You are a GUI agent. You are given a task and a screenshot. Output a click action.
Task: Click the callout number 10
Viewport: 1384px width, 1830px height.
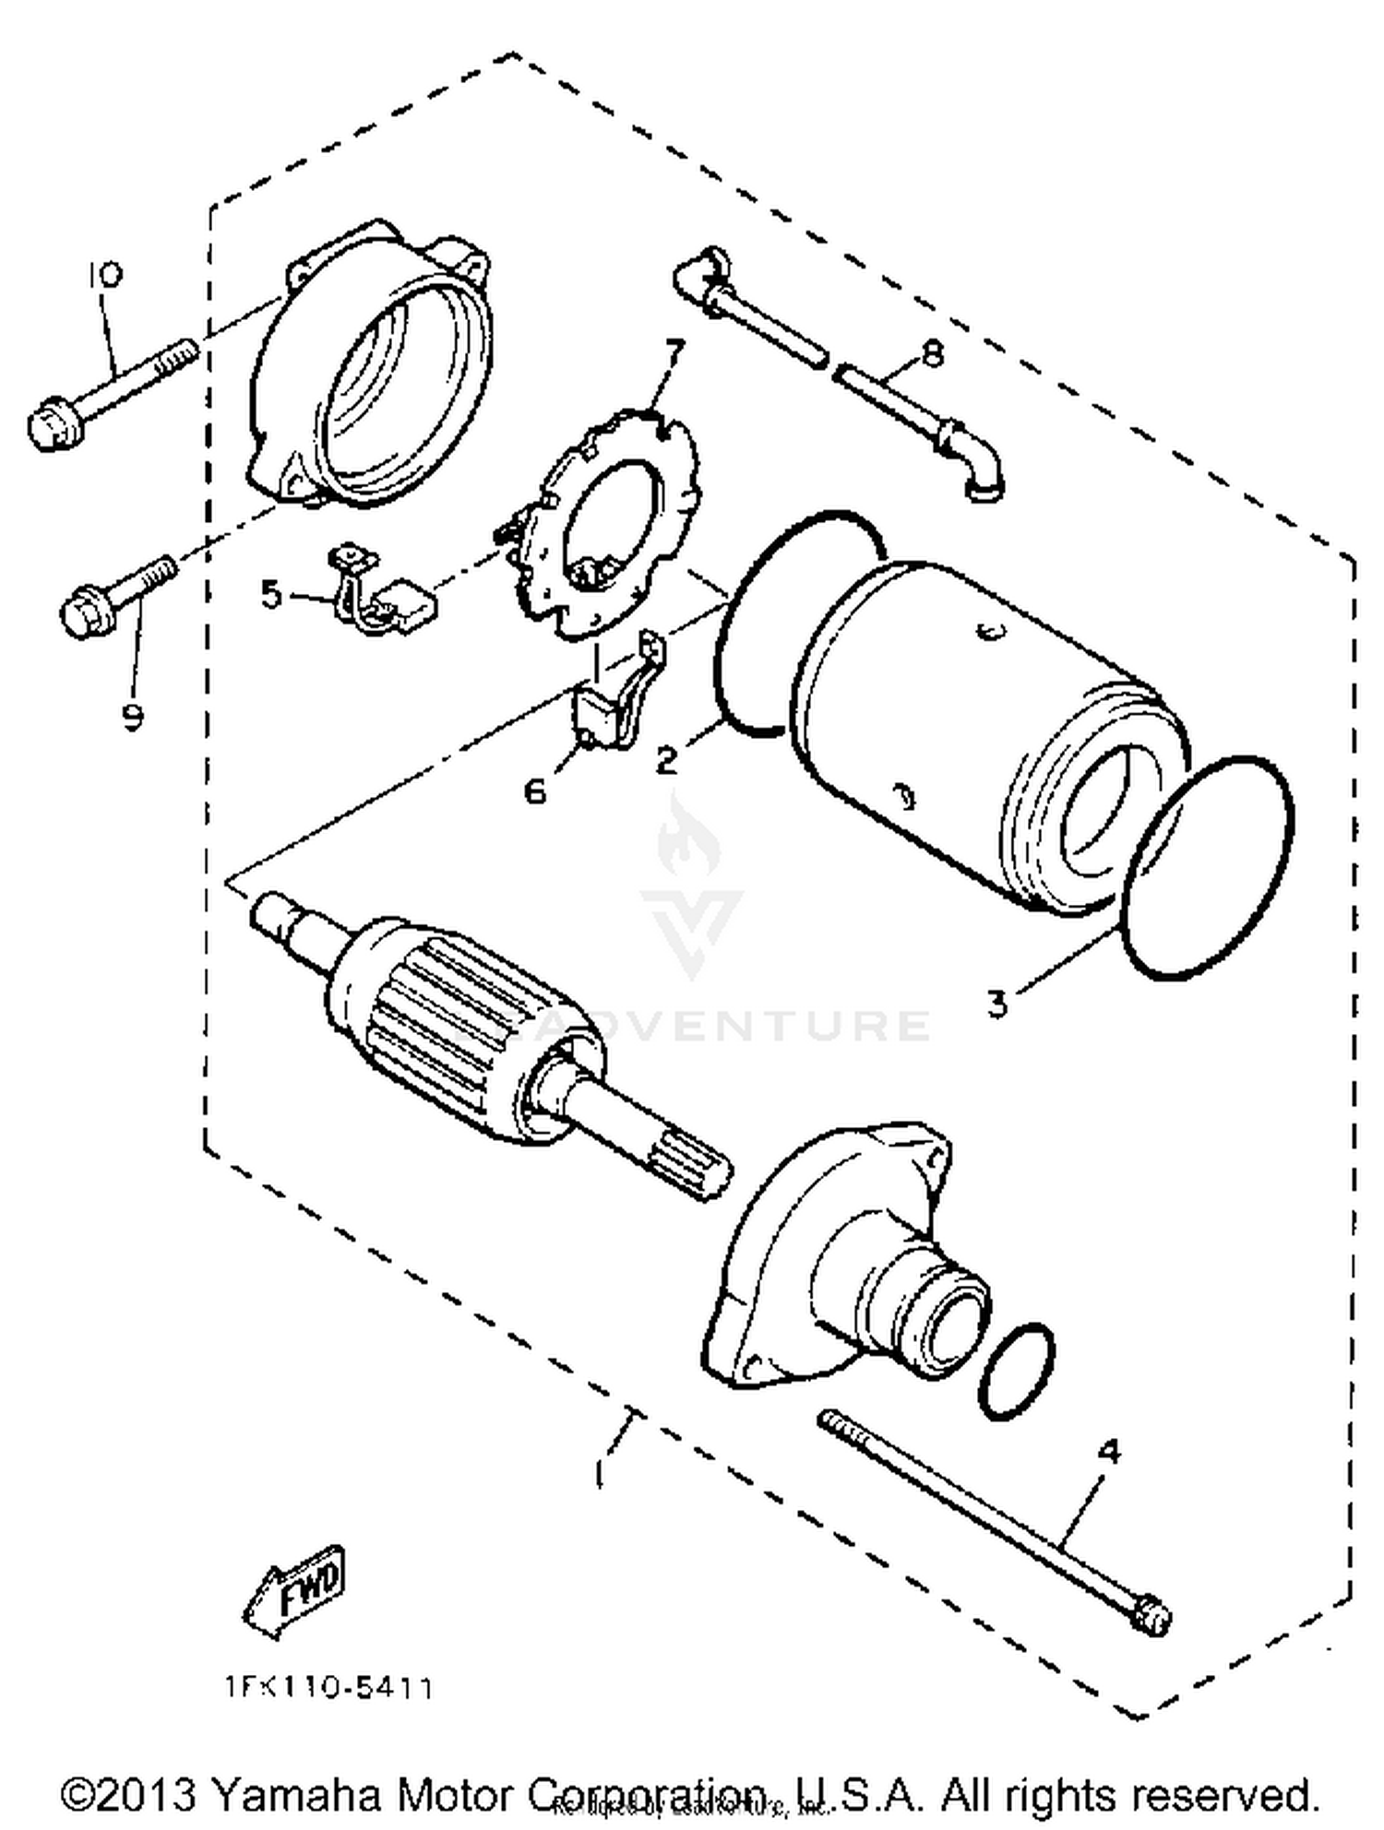point(104,274)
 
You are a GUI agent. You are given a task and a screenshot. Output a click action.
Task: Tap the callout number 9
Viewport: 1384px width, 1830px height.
point(133,715)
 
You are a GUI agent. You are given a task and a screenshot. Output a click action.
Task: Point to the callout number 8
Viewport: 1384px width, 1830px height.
point(933,353)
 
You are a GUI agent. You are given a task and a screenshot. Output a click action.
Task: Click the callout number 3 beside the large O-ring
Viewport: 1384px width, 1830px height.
point(997,1003)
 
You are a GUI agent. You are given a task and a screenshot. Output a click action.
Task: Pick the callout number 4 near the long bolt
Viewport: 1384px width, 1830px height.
point(1109,1452)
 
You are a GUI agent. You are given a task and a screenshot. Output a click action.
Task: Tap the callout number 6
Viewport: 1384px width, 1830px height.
point(535,790)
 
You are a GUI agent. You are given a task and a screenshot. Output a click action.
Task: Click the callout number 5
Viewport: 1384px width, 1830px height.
point(270,595)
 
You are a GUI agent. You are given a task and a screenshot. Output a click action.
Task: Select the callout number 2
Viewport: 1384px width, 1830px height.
point(665,760)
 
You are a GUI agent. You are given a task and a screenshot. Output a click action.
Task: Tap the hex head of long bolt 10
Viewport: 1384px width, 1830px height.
point(51,426)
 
